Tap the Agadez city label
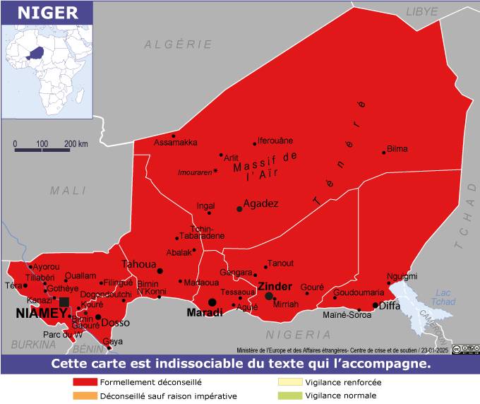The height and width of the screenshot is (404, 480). coord(260,203)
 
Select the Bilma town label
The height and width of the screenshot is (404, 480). coord(397,150)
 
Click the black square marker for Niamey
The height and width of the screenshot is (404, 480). coord(64,302)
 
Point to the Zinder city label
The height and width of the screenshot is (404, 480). coord(275,286)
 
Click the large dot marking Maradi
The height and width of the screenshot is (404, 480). coord(212,302)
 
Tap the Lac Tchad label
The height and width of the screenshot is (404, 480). coord(443,298)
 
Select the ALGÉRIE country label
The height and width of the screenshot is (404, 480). coord(179,44)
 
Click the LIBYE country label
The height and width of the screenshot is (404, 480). coord(421,12)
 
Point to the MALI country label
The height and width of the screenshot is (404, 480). coord(68,190)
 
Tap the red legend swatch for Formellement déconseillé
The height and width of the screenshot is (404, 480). coord(85,382)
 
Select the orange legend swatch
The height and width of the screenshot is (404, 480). coord(85,396)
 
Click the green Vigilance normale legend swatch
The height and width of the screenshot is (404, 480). coord(289,396)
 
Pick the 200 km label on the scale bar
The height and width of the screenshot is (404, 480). coord(76,143)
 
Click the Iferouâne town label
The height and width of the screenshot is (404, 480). coord(275,141)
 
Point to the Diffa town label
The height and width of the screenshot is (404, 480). coord(390,306)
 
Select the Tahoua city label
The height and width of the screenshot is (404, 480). coord(138,264)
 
